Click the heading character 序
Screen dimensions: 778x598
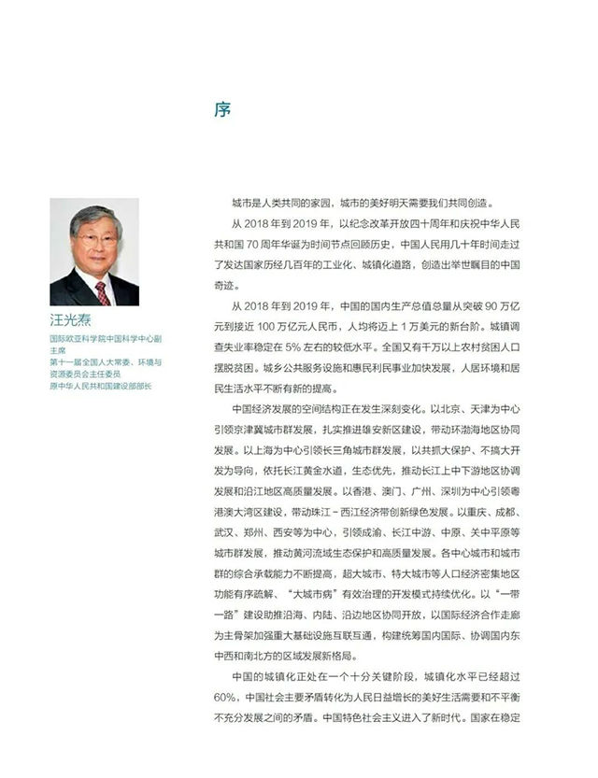(x=221, y=110)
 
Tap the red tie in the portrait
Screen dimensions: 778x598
(x=101, y=291)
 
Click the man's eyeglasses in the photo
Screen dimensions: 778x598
(x=97, y=239)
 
